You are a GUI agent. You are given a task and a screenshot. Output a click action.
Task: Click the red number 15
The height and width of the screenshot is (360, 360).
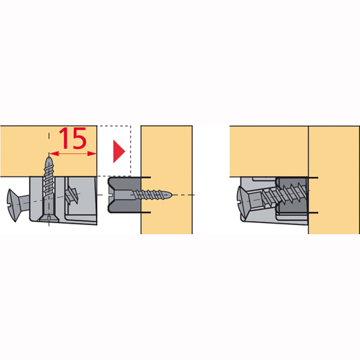pyautogui.click(x=73, y=138)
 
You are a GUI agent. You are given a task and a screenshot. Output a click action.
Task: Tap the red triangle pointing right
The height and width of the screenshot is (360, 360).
pyautogui.click(x=119, y=152)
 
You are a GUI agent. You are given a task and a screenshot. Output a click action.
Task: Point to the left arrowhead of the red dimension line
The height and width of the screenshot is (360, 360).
pyautogui.click(x=54, y=154)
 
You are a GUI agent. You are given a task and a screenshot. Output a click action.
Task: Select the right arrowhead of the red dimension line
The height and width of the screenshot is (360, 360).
pyautogui.click(x=92, y=154)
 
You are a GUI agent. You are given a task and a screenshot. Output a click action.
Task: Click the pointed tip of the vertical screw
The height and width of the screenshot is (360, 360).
pyautogui.click(x=49, y=158)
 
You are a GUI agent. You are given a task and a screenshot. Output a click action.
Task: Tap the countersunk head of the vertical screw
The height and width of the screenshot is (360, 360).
pyautogui.click(x=48, y=218)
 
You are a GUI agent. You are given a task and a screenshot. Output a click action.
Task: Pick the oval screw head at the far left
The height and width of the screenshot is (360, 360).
pyautogui.click(x=13, y=206)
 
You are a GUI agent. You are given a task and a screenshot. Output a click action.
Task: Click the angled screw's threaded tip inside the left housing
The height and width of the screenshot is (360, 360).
pyautogui.click(x=72, y=195)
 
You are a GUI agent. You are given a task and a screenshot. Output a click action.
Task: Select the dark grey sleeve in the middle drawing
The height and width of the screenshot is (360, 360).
pyautogui.click(x=124, y=195)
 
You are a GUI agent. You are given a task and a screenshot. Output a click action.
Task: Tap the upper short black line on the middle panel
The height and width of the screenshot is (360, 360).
pyautogui.click(x=146, y=178)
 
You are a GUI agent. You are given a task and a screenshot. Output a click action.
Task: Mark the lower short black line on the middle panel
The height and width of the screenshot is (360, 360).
pyautogui.click(x=146, y=213)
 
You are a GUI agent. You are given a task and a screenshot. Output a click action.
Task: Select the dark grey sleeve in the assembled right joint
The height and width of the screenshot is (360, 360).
pyautogui.click(x=292, y=195)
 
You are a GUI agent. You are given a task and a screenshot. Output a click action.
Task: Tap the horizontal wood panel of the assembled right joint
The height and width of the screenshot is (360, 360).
pyautogui.click(x=269, y=152)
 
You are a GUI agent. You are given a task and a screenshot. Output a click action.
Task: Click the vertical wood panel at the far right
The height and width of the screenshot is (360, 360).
pyautogui.click(x=334, y=180)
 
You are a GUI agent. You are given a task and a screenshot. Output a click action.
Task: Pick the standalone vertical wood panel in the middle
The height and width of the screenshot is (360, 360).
pyautogui.click(x=166, y=180)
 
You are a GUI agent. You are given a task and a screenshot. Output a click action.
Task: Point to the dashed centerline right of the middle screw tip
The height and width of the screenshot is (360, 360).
pyautogui.click(x=184, y=194)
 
